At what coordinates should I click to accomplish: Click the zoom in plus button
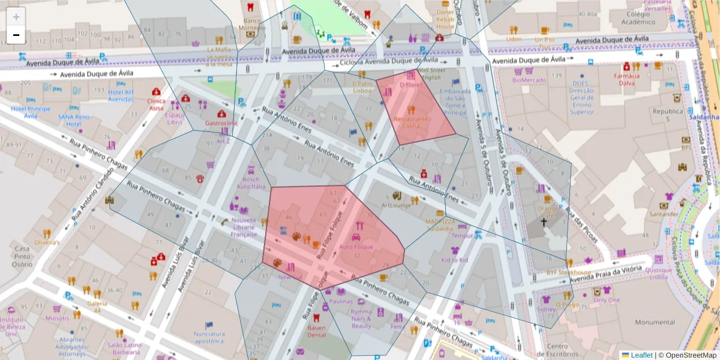point(16,17)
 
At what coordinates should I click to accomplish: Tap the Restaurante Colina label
point(410,122)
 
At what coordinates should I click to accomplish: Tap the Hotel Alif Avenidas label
point(121,95)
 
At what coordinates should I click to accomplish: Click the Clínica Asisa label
point(156,104)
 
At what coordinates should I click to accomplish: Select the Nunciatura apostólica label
point(209,337)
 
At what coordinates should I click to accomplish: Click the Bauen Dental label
point(316,331)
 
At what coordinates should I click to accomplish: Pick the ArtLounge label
point(396,205)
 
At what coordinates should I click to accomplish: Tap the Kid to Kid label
point(454,260)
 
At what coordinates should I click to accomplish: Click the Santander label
point(664,214)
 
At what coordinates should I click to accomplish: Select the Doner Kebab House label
point(445,19)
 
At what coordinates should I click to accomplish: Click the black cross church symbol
point(544,222)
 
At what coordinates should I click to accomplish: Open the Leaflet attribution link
point(641,355)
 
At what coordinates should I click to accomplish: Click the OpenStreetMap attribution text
point(688,355)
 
